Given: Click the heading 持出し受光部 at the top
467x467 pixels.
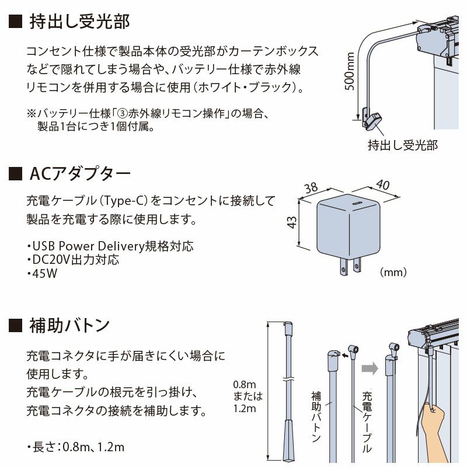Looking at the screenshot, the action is (x=79, y=22).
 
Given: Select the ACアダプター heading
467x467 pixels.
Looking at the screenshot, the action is (x=80, y=173).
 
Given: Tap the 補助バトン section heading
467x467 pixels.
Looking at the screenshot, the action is (x=69, y=325).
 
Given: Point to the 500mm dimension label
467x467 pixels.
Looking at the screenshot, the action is (x=350, y=71).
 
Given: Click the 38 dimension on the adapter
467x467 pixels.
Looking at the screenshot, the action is (x=311, y=187).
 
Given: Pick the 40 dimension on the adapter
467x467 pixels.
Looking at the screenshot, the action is (x=382, y=184).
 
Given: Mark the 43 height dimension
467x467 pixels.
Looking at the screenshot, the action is (x=292, y=222).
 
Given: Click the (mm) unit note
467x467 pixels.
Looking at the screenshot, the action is (x=393, y=272).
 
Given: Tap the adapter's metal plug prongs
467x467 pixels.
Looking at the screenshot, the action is (x=351, y=266).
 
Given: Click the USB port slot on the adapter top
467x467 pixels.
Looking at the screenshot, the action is (x=357, y=203).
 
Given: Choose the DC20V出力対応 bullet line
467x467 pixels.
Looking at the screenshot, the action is (x=73, y=260).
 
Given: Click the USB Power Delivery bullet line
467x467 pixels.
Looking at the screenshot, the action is (x=110, y=246).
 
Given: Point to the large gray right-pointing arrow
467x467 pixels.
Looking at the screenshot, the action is (x=370, y=369).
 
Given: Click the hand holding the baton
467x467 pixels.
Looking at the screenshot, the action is (x=435, y=429).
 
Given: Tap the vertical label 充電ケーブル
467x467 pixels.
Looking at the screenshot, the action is (x=367, y=422).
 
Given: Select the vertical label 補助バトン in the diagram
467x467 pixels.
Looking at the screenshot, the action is (x=316, y=417).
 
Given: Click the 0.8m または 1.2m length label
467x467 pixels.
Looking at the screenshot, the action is (x=248, y=396).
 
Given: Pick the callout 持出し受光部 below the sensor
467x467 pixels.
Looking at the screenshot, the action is (x=403, y=145).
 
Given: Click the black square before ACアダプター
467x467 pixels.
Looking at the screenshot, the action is (x=16, y=174).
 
